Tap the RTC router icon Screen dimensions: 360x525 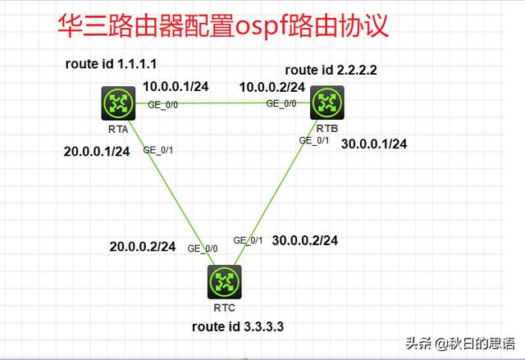(223, 284)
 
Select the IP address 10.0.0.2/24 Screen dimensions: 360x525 (272, 86)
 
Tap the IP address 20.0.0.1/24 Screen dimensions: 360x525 (97, 152)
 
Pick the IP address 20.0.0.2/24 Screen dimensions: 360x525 (142, 246)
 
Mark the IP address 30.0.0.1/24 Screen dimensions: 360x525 (374, 144)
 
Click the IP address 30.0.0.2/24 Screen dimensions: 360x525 (305, 240)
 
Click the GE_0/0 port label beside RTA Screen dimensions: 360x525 (162, 104)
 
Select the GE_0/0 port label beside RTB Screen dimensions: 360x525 (281, 104)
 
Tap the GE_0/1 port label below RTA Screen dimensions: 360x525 (157, 149)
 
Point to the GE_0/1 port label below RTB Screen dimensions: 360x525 (313, 140)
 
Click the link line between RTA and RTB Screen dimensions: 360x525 (221, 103)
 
